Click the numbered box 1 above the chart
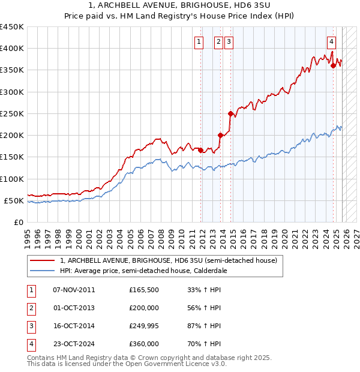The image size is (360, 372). coord(199,41)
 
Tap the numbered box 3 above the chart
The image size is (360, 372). coord(229,41)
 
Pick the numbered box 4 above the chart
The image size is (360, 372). coord(331,41)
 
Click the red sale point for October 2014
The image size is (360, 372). coord(230,113)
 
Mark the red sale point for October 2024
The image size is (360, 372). coord(333,66)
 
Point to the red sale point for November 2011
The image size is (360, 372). coord(201,150)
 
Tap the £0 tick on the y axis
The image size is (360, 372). coord(18,222)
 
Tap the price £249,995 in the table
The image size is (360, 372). coord(145,326)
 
